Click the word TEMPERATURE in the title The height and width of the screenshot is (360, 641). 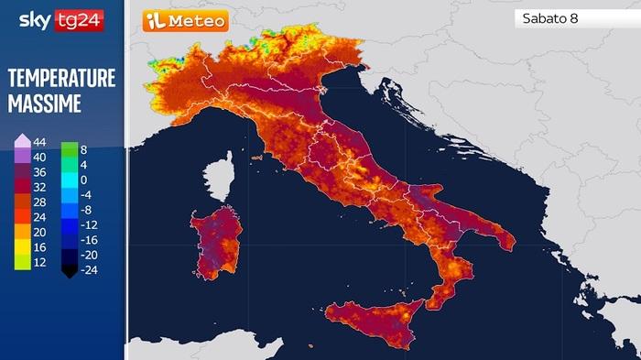pyautogui.click(x=61, y=79)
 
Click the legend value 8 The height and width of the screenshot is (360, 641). pyautogui.click(x=83, y=148)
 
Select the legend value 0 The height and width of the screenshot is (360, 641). pyautogui.click(x=83, y=180)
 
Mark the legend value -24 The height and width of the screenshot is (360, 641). pyautogui.click(x=88, y=269)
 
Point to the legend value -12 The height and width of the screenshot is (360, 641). pyautogui.click(x=88, y=224)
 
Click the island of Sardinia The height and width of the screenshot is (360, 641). pyautogui.click(x=214, y=243)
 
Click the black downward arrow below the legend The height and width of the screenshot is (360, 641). pyautogui.click(x=69, y=270)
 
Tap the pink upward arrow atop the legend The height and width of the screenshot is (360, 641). pyautogui.click(x=20, y=140)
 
